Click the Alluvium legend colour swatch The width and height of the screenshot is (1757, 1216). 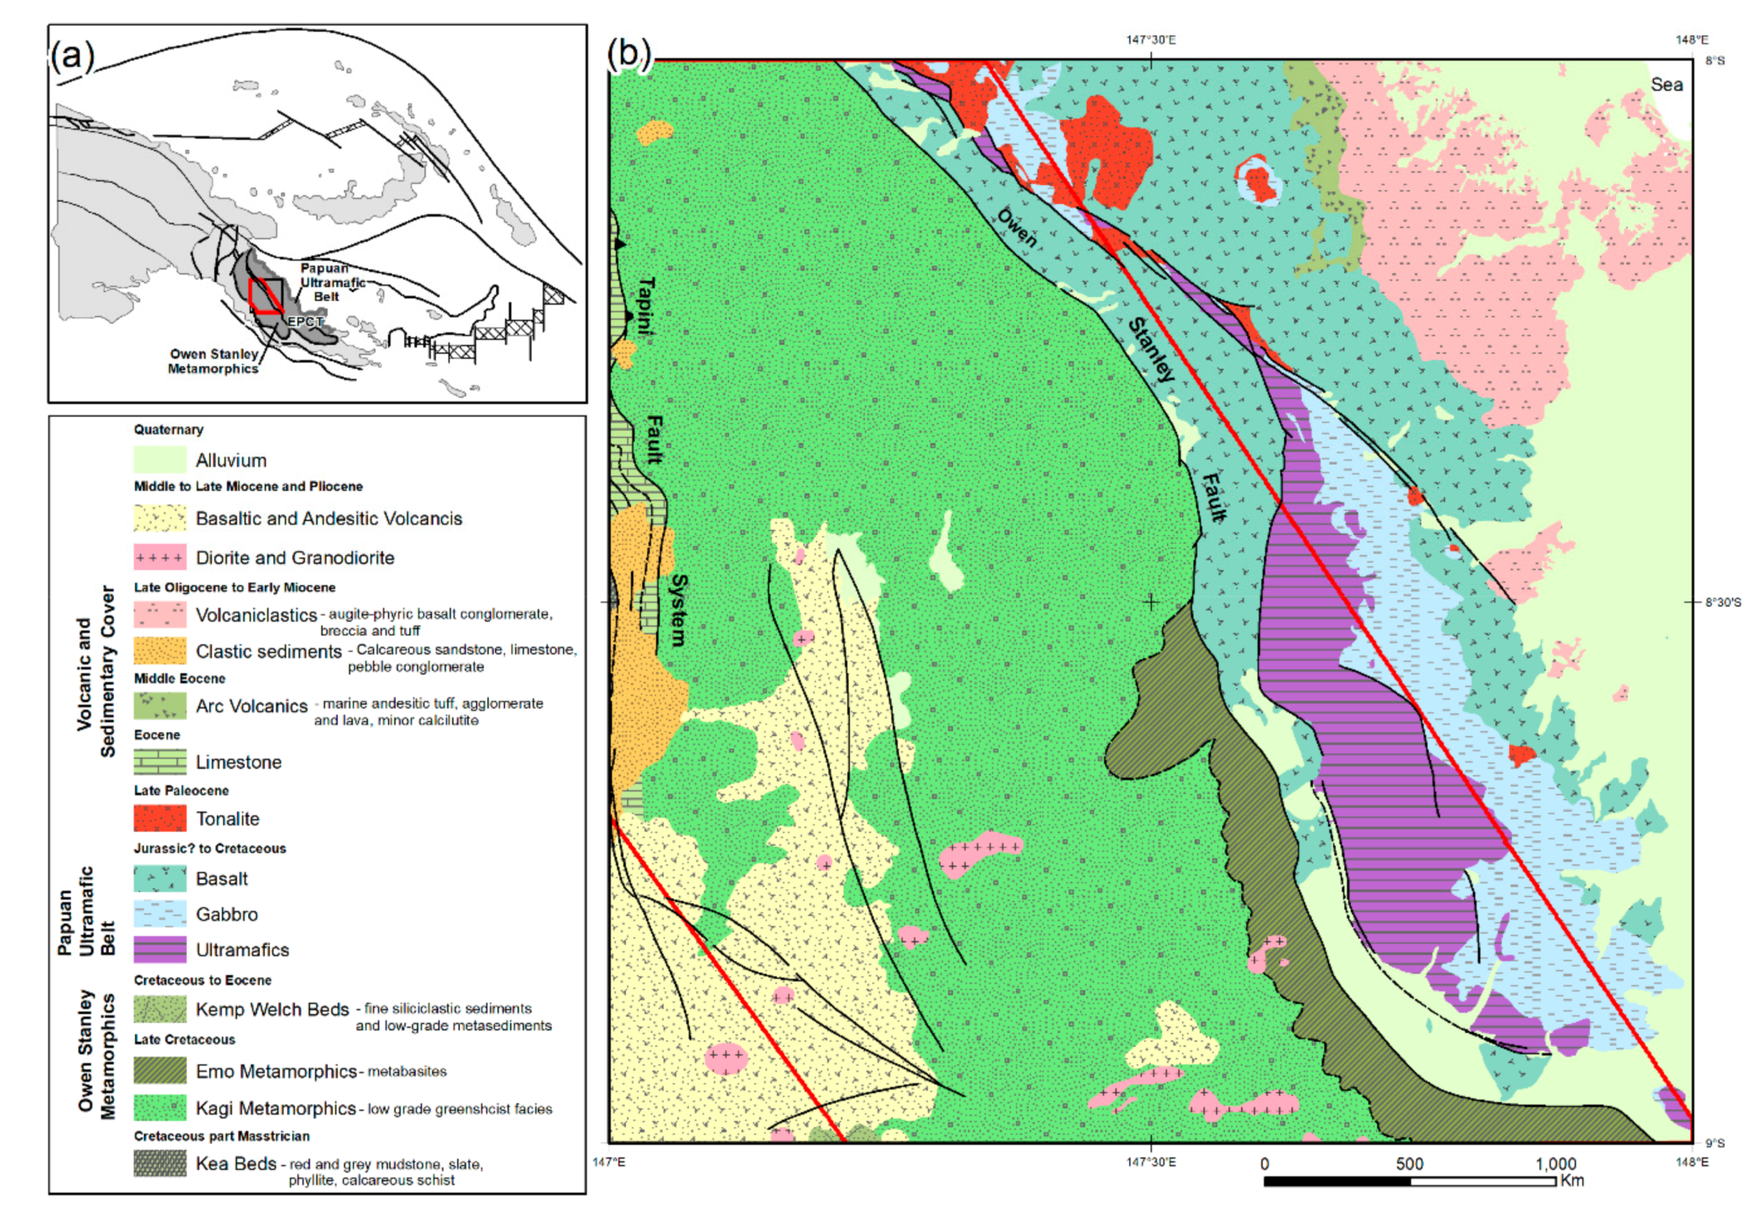click(x=159, y=459)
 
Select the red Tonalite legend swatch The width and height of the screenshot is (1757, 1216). click(x=159, y=817)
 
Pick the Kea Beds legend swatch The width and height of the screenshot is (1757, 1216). click(x=159, y=1163)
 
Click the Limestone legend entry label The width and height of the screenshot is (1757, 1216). click(x=239, y=761)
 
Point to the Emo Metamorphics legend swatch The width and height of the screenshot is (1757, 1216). click(x=159, y=1071)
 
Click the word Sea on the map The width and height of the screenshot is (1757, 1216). click(x=1666, y=85)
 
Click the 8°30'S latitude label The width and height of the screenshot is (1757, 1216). click(x=1722, y=602)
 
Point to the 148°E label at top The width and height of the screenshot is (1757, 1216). click(x=1692, y=39)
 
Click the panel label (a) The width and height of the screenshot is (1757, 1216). click(x=73, y=56)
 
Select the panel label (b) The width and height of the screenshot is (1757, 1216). click(x=629, y=53)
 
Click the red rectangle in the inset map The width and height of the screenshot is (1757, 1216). click(x=265, y=297)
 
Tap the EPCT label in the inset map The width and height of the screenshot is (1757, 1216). click(x=305, y=322)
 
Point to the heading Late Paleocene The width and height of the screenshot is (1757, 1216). click(x=181, y=790)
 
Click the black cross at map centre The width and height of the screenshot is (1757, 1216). click(x=1150, y=602)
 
